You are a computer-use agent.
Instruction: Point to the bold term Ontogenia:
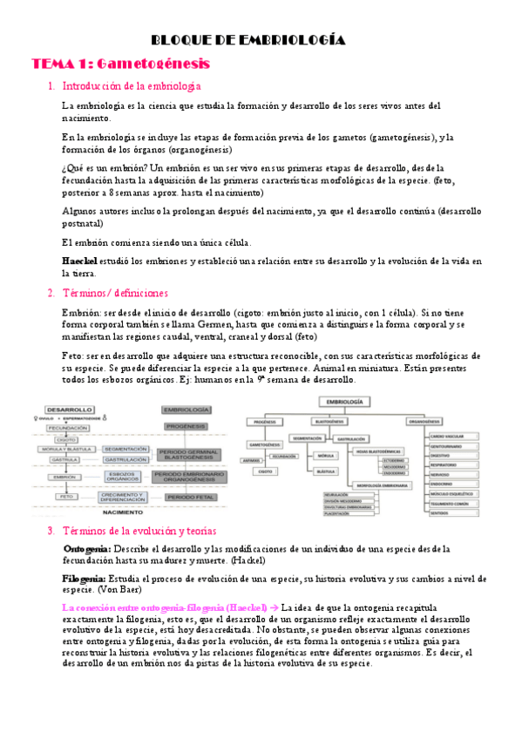point(87,549)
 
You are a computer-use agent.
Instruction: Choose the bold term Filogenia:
point(85,579)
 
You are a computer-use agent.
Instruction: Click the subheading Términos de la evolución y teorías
point(139,531)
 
